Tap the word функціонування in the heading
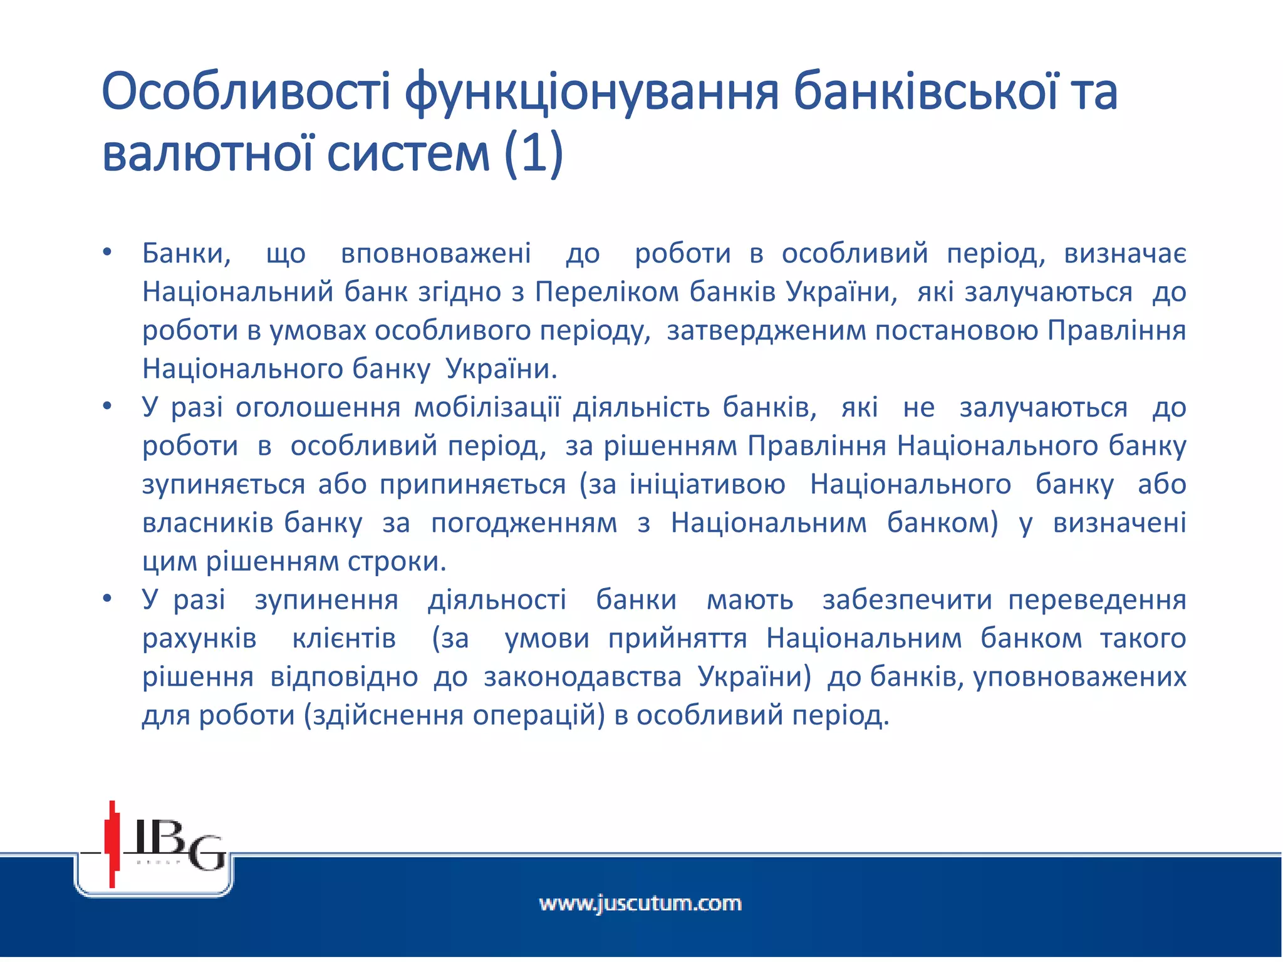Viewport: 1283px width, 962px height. point(591,92)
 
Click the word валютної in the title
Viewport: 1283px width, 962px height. point(207,153)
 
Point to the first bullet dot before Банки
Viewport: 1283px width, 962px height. point(107,252)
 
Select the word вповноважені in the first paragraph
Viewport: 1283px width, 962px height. point(436,254)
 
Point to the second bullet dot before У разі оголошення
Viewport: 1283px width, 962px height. point(107,406)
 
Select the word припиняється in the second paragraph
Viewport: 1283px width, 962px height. point(473,485)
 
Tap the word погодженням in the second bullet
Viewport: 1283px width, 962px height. point(524,523)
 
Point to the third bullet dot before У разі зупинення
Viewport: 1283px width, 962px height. point(107,599)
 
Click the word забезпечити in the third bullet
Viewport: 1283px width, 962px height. point(907,600)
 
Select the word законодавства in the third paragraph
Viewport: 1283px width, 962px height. point(583,677)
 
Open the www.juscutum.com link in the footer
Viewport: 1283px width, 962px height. point(640,904)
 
